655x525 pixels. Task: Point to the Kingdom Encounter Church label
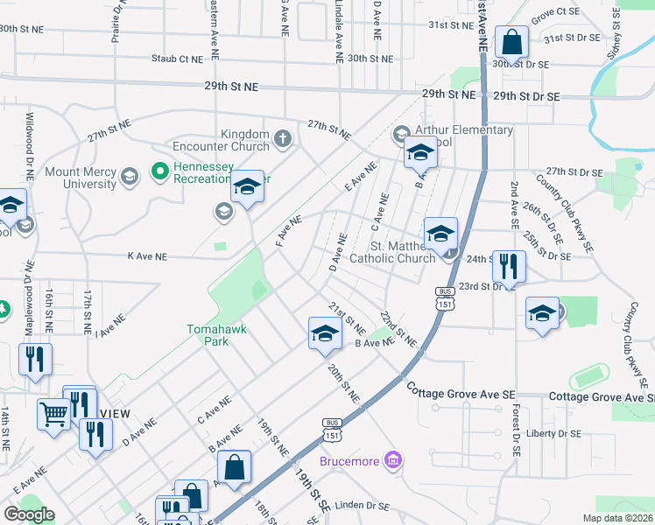[x=222, y=139]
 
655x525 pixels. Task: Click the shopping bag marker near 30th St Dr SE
[x=511, y=42]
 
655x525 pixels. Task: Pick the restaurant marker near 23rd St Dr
[x=509, y=266]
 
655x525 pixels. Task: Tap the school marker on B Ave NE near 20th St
[x=324, y=333]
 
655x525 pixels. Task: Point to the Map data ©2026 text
[x=617, y=518]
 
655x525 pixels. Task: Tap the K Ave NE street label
[x=147, y=257]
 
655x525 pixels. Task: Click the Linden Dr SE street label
[x=363, y=505]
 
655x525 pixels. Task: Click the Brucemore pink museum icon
[x=393, y=459]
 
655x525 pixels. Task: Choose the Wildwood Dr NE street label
[x=29, y=145]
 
